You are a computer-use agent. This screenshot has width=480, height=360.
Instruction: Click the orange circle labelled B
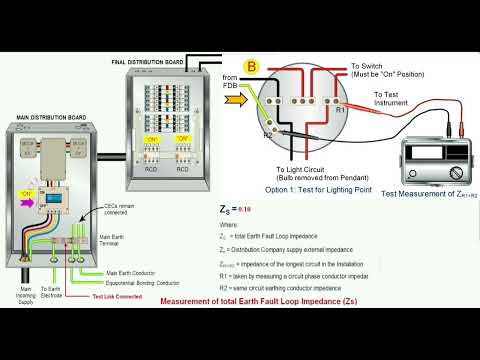pos(252,66)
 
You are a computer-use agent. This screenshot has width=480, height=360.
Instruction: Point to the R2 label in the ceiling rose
pos(268,133)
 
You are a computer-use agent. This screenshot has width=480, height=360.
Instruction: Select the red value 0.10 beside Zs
pos(244,212)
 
